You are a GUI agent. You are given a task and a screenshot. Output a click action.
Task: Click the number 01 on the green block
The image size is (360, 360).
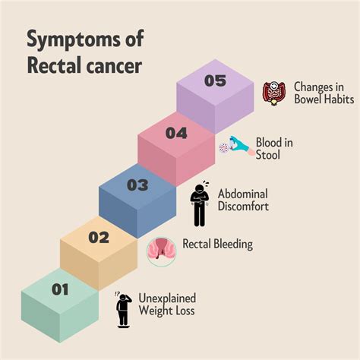click(60, 289)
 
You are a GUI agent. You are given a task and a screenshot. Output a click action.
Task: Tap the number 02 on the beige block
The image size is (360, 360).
click(99, 237)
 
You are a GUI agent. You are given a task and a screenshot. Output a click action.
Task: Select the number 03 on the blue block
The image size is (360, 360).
click(138, 185)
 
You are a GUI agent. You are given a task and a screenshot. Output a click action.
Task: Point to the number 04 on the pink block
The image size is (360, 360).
click(176, 133)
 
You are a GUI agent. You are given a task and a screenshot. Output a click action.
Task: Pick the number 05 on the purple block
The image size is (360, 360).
click(215, 81)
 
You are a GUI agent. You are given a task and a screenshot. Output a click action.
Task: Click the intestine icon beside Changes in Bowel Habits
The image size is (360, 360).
click(273, 93)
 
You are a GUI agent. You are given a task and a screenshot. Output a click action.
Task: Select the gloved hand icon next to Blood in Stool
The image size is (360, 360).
click(235, 147)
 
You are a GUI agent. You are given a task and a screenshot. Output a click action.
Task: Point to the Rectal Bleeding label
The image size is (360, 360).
click(217, 245)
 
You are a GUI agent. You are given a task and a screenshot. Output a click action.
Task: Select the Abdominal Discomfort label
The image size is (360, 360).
click(243, 199)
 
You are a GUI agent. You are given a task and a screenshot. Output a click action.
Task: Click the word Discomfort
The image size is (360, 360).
click(243, 206)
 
